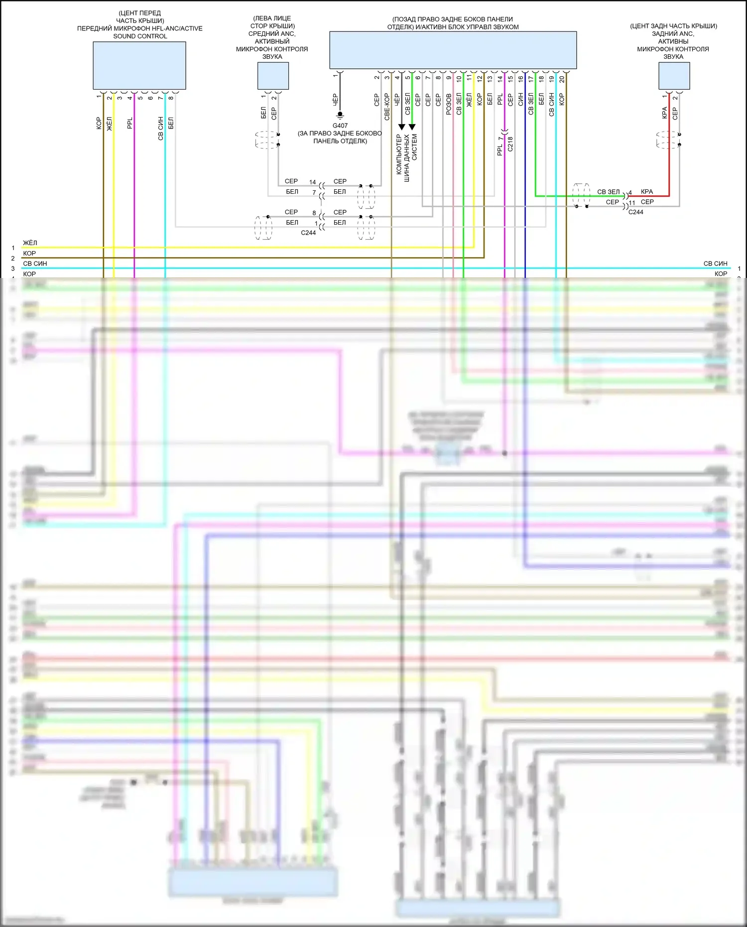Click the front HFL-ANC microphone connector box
[x=139, y=65]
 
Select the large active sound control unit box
[x=453, y=50]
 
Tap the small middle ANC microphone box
[x=273, y=76]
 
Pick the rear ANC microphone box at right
[x=674, y=76]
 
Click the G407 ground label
[x=340, y=126]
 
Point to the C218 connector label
[x=510, y=144]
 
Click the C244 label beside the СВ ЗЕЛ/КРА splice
[x=635, y=212]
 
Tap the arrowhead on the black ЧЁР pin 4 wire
[x=402, y=127]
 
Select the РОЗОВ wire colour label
[x=449, y=104]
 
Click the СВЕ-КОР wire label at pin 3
[x=387, y=107]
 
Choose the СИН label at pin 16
[x=520, y=99]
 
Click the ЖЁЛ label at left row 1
[x=30, y=243]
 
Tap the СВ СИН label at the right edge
[x=715, y=264]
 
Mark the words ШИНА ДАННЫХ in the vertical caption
[x=407, y=158]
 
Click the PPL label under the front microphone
[x=130, y=123]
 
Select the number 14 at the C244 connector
[x=312, y=182]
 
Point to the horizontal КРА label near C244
[x=647, y=192]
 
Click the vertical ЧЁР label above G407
[x=335, y=100]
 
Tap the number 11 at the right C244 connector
[x=631, y=203]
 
